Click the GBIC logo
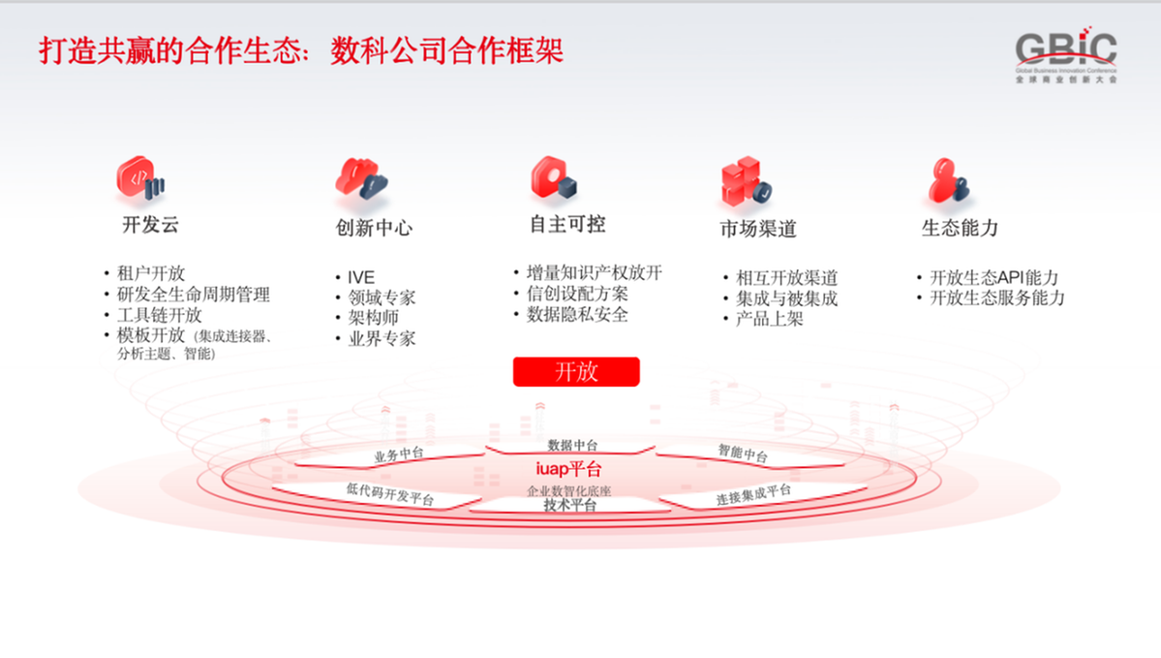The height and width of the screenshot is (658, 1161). (1066, 56)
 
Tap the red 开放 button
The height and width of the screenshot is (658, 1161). (576, 371)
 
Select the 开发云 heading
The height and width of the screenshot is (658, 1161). (150, 225)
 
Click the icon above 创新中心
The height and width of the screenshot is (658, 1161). (361, 178)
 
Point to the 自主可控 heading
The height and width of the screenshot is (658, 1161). (568, 225)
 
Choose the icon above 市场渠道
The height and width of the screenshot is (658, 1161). (747, 181)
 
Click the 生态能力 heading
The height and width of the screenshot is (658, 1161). (961, 228)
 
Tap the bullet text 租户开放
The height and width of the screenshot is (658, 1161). (151, 273)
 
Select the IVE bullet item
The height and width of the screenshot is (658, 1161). (361, 277)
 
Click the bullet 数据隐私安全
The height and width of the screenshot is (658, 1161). (577, 315)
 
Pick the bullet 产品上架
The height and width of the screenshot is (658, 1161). (770, 319)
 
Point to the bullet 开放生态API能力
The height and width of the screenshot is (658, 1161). (994, 277)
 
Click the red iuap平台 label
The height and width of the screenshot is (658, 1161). (568, 468)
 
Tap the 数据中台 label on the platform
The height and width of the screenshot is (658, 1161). (572, 445)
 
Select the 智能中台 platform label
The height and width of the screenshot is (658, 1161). (743, 453)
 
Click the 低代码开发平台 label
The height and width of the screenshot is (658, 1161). (390, 493)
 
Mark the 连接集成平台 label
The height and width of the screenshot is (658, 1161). (753, 494)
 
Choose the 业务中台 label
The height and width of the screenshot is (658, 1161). (399, 454)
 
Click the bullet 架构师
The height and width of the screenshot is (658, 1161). (374, 318)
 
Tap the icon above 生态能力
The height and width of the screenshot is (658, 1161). (949, 180)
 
